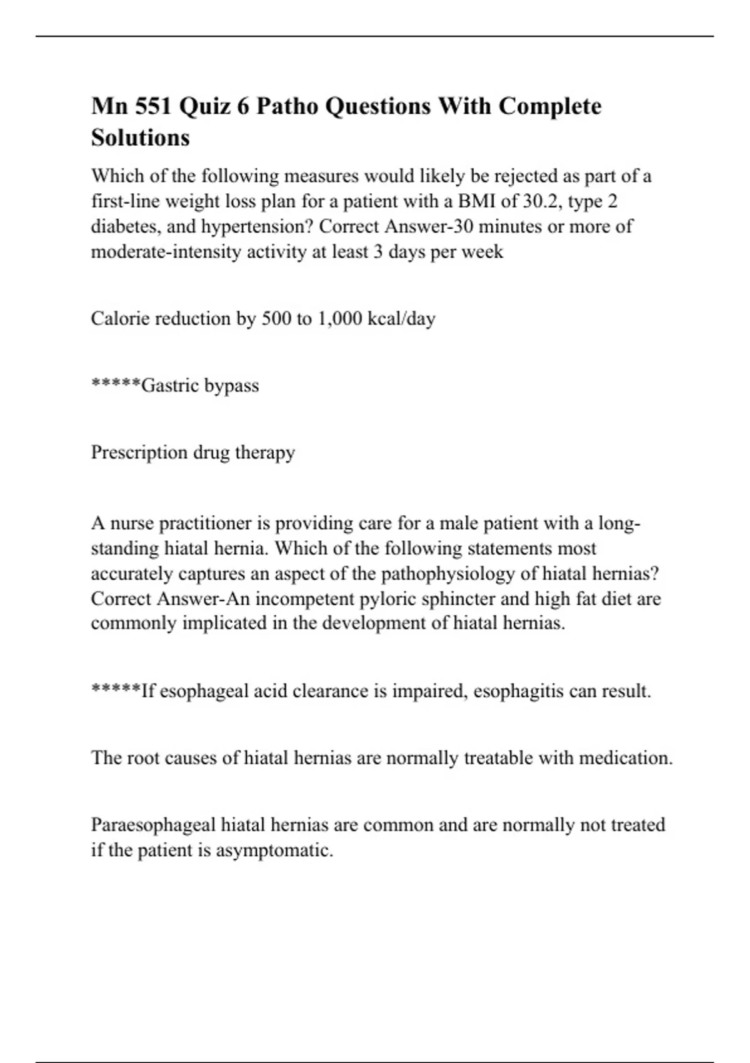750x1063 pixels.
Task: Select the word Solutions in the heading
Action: click(x=140, y=138)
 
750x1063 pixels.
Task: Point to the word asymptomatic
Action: click(x=274, y=850)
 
